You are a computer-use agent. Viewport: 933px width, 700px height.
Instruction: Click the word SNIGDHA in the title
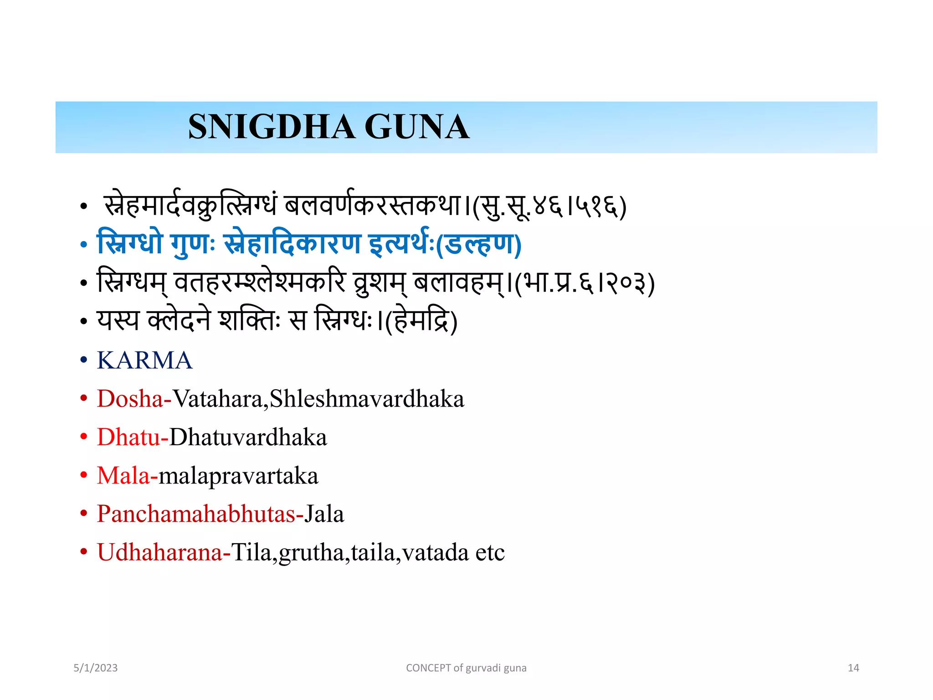(272, 127)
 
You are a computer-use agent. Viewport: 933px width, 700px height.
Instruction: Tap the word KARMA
(145, 360)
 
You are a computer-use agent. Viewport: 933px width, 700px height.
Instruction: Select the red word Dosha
(130, 399)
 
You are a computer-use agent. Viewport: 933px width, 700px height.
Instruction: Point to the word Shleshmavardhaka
(367, 399)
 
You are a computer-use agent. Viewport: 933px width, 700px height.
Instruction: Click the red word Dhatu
(129, 437)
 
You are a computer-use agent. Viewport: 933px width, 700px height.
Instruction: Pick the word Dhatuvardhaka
(248, 437)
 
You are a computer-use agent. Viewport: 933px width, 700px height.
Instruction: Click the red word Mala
(123, 476)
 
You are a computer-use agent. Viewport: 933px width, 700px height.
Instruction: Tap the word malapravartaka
(238, 476)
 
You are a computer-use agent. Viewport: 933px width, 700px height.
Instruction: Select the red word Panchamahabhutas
(196, 514)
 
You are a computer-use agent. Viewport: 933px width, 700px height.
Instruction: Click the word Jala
(324, 514)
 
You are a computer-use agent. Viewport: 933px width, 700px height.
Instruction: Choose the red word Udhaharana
(160, 552)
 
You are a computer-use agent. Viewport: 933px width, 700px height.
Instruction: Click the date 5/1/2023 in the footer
(96, 668)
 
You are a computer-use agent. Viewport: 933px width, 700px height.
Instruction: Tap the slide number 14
(853, 668)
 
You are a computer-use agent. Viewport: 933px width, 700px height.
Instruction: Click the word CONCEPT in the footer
(428, 668)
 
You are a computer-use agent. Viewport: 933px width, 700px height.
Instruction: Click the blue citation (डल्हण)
(478, 245)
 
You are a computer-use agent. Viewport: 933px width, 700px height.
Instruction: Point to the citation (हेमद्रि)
(421, 321)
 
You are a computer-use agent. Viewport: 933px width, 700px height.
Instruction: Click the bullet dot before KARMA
(83, 360)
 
